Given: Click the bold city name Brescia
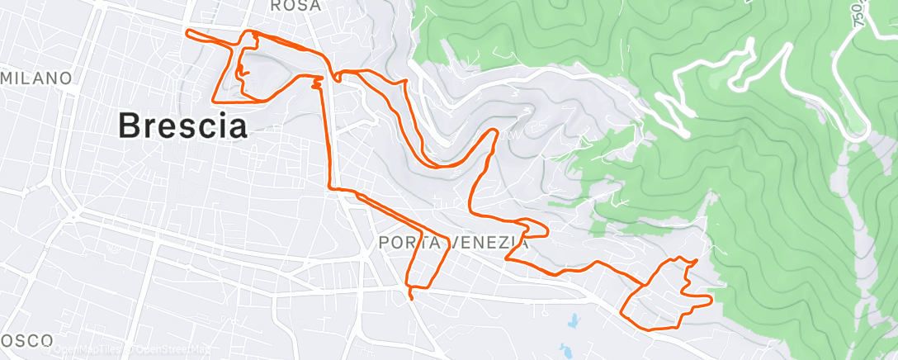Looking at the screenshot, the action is tap(182, 126).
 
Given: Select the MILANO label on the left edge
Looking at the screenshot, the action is tap(36, 78).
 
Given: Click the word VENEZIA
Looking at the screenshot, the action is tap(489, 244).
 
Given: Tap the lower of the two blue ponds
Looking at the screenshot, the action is tap(565, 351).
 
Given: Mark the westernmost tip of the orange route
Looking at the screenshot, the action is tap(188, 32).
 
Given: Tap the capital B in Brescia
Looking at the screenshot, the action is tap(129, 126).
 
